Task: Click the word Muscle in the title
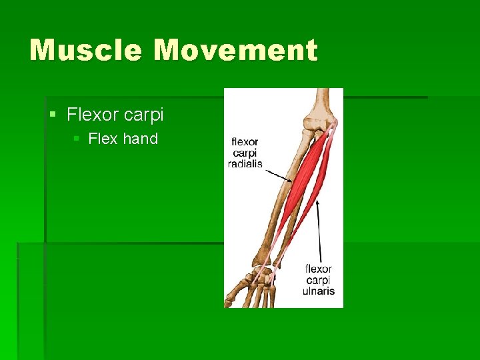click(86, 50)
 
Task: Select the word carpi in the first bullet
click(143, 115)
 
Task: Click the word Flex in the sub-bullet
click(103, 139)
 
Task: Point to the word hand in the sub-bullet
click(140, 139)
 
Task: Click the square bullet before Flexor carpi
click(53, 115)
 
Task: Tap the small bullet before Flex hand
click(77, 139)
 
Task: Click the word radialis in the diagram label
click(245, 164)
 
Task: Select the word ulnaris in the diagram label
click(319, 291)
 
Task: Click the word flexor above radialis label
click(245, 142)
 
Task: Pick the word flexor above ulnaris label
click(319, 269)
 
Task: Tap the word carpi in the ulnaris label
click(319, 280)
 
